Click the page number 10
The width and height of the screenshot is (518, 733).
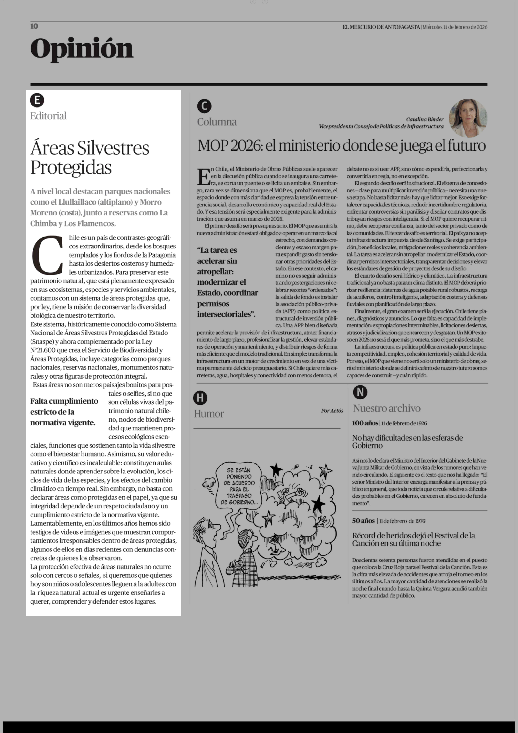point(34,26)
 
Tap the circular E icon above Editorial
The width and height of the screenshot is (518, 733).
point(37,100)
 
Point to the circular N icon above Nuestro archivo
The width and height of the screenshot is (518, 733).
point(360,392)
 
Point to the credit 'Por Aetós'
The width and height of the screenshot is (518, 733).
point(332,411)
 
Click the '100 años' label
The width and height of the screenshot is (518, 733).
point(365,423)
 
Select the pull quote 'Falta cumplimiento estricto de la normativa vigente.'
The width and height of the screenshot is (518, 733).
point(64,412)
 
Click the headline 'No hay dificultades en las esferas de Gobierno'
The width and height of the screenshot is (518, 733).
point(407,442)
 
